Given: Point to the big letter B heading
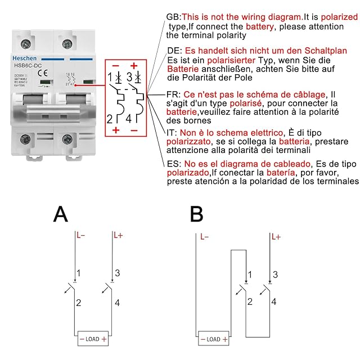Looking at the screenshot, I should [196, 215].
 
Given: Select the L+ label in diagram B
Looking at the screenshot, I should [276, 237].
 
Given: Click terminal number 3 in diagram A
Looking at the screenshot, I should [117, 273].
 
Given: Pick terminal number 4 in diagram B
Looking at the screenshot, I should [274, 302].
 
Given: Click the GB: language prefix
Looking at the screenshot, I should [174, 17].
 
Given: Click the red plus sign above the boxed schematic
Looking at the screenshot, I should [134, 65].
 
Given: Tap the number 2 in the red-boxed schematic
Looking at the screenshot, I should [110, 118].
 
